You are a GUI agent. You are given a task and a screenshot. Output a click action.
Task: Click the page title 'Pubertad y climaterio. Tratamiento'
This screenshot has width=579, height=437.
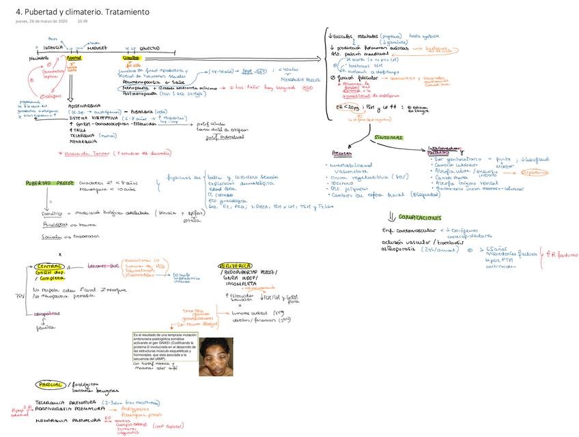pos(83,12)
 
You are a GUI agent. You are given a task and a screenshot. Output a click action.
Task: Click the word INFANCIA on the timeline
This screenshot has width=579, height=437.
pos(53,48)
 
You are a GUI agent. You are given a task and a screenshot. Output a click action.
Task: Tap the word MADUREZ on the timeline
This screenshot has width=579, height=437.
pos(96,48)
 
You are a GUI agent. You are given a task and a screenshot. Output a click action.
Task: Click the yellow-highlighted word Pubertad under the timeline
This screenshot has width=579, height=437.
pos(72,59)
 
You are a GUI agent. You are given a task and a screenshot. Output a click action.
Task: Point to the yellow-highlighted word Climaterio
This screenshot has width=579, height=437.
pos(122,59)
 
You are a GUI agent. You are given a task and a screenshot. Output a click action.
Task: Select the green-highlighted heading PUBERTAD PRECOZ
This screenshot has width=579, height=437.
pos(48,183)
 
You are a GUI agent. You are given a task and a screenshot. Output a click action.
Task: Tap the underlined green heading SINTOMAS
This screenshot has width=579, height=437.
pos(388,138)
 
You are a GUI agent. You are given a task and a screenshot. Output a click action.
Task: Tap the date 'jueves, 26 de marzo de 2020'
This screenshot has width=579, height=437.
pos(41,21)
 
